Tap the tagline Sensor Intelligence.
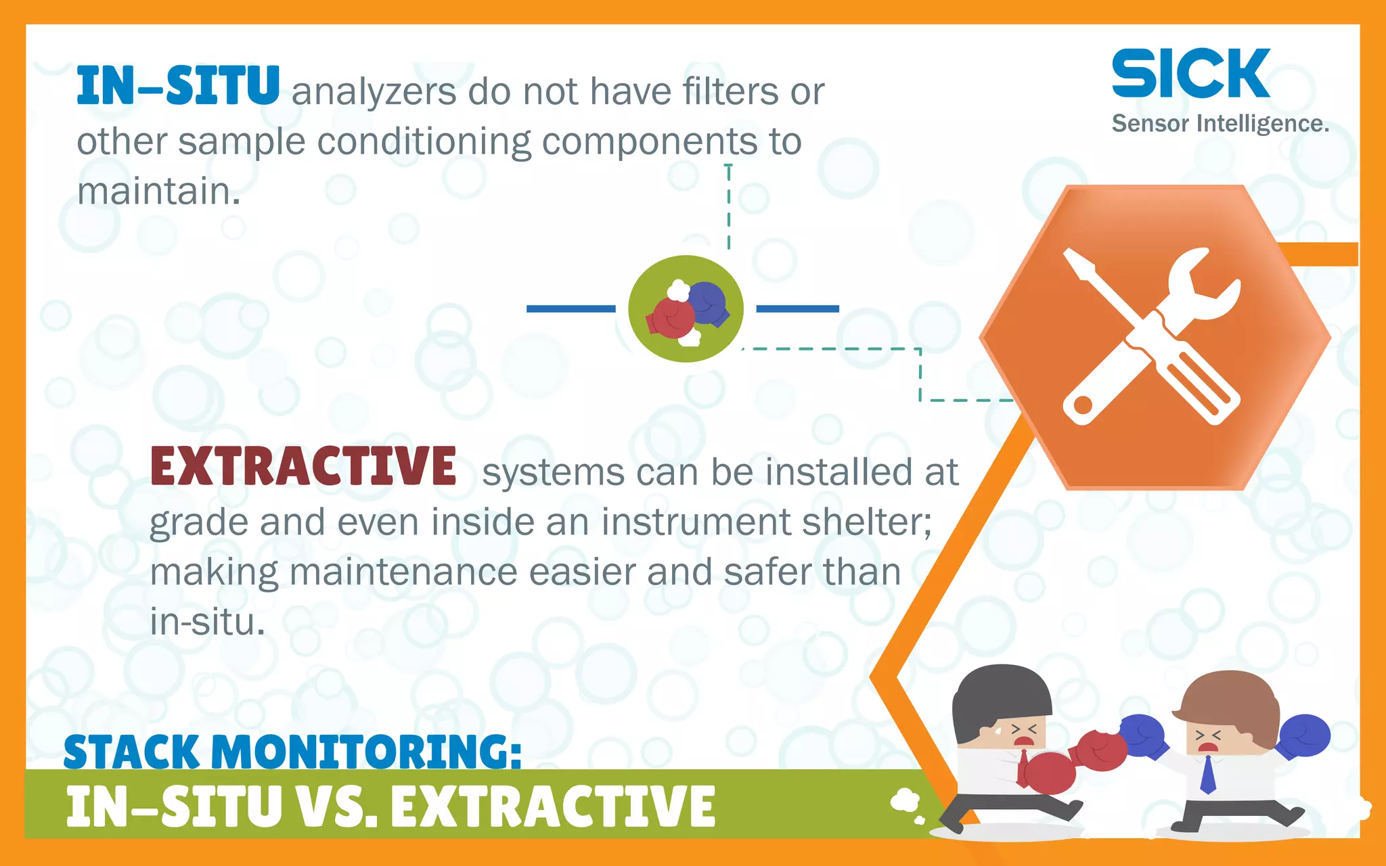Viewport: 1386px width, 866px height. tap(1220, 124)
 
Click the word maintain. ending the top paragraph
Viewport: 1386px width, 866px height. tap(158, 191)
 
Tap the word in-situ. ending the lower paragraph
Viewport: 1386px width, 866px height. tap(207, 622)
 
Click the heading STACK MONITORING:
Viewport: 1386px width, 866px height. tap(292, 752)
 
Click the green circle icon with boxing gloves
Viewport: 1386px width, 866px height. tap(686, 309)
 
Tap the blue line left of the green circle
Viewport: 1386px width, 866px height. tap(571, 309)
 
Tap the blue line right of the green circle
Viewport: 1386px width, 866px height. tap(797, 309)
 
